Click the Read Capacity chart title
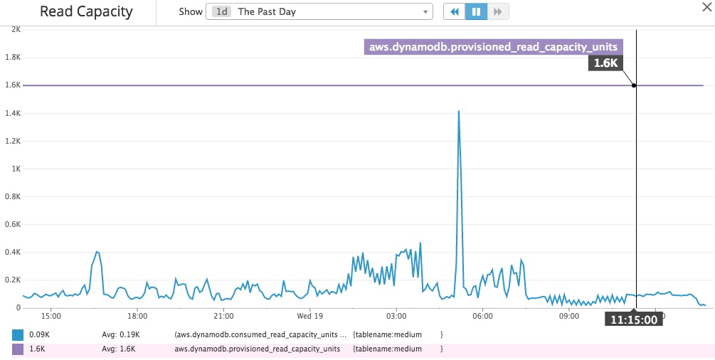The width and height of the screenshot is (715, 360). click(86, 12)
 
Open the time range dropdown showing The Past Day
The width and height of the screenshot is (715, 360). click(319, 12)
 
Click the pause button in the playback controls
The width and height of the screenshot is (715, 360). click(475, 12)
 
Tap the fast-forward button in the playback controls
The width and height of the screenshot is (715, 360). click(498, 12)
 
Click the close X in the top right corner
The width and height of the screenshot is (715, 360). click(705, 6)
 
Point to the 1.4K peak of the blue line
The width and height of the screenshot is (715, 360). click(459, 112)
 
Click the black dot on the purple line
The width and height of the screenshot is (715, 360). click(634, 85)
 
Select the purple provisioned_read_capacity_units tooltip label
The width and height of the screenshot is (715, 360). click(493, 48)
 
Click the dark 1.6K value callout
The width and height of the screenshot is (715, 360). click(605, 63)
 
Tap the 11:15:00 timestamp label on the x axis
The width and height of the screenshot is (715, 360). click(633, 319)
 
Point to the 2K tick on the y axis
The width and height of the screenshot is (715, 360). click(15, 29)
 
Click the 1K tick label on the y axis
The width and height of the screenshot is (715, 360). click(15, 169)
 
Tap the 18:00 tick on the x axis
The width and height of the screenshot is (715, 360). click(137, 316)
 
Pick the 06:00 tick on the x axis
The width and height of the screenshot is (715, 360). click(482, 316)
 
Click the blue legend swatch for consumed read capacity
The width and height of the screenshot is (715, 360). click(18, 334)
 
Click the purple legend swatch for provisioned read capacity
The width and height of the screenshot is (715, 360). click(18, 349)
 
